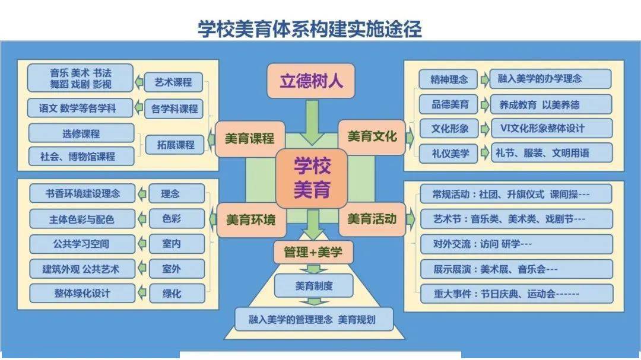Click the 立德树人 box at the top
312,81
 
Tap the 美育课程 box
249,138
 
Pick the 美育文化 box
372,138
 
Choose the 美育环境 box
250,219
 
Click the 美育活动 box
372,218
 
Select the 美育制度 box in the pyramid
314,286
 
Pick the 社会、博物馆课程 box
81,157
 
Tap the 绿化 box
172,293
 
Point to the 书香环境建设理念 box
82,193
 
